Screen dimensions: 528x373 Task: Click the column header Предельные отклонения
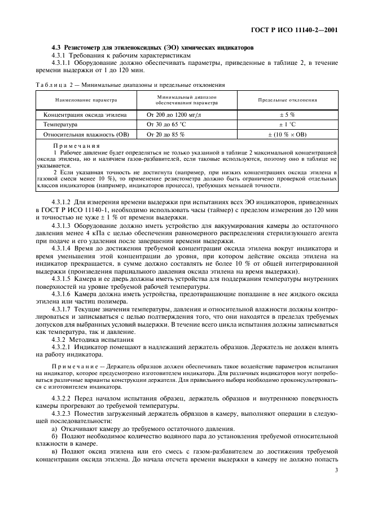click(x=287, y=100)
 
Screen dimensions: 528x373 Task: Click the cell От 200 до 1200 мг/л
click(x=173, y=115)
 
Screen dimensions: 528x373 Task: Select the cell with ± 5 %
click(x=287, y=115)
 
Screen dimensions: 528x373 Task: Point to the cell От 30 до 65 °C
click(x=166, y=125)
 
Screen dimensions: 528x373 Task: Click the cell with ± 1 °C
click(x=287, y=125)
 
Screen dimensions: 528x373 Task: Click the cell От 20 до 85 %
click(x=165, y=135)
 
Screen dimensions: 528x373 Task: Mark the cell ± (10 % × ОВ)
click(x=287, y=135)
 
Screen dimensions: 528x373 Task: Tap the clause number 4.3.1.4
click(x=62, y=248)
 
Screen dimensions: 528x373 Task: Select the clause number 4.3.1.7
click(x=62, y=310)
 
